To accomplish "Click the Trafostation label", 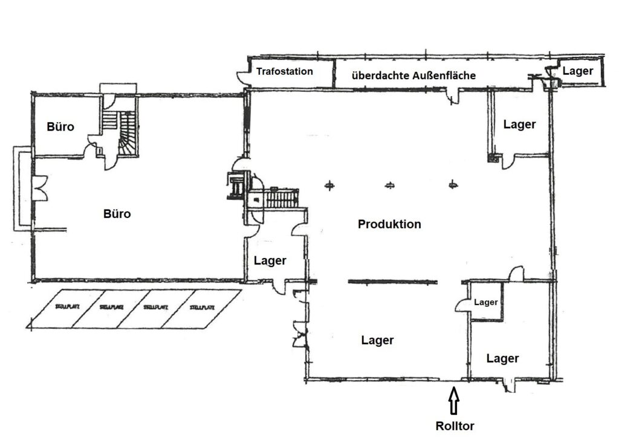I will pyautogui.click(x=284, y=72).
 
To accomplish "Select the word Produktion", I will pyautogui.click(x=389, y=224).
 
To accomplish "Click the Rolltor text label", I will pyautogui.click(x=455, y=426).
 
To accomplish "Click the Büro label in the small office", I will pyautogui.click(x=60, y=127).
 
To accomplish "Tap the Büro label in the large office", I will pyautogui.click(x=117, y=213).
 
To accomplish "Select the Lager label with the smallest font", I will pyautogui.click(x=485, y=302).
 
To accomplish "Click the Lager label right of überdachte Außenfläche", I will pyautogui.click(x=578, y=71).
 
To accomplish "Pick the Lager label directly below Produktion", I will pyautogui.click(x=377, y=340).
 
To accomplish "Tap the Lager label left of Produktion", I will pyautogui.click(x=270, y=260).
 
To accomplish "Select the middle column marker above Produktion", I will pyautogui.click(x=390, y=185).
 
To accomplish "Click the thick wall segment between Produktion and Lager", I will pyautogui.click(x=392, y=281).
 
